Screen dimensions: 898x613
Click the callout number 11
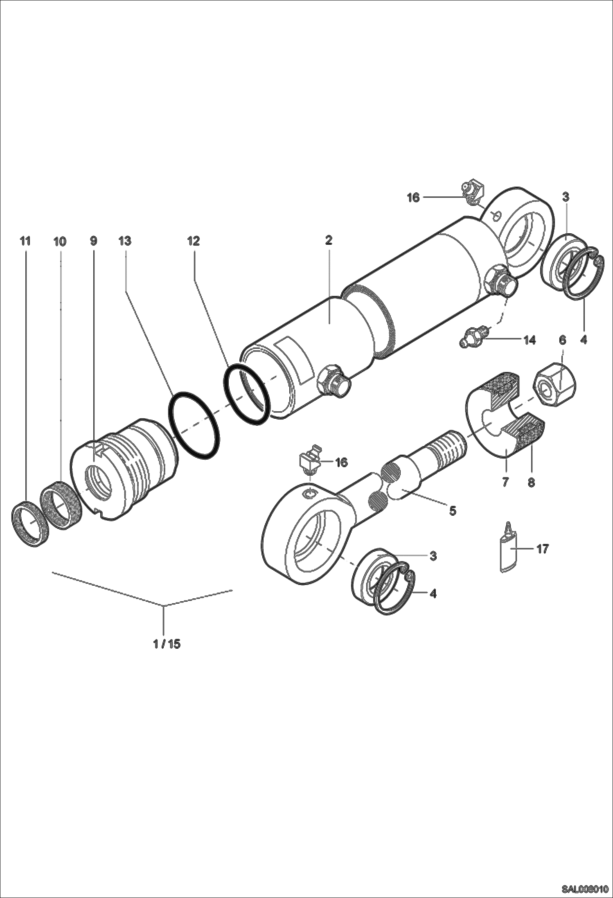click(x=25, y=241)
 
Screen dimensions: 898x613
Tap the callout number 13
click(x=125, y=241)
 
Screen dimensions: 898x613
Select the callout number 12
click(x=193, y=241)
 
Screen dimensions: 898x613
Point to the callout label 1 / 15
click(x=167, y=644)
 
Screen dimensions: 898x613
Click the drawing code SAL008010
click(x=586, y=889)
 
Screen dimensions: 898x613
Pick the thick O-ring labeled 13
click(x=194, y=426)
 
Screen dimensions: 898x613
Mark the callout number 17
click(x=542, y=549)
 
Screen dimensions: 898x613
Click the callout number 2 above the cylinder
click(x=329, y=240)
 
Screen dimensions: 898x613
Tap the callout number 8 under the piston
click(x=531, y=483)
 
